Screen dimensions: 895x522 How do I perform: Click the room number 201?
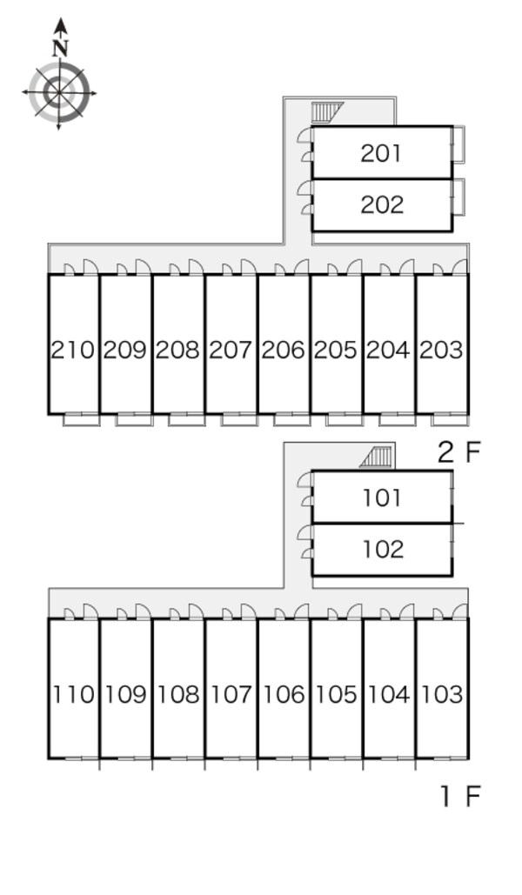click(381, 153)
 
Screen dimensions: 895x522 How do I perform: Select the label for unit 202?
click(382, 205)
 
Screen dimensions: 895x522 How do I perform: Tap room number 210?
click(72, 350)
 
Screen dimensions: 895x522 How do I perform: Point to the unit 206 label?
click(283, 350)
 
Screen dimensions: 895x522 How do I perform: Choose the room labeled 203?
click(441, 350)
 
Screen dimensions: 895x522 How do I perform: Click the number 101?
click(382, 498)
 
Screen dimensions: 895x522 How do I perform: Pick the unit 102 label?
click(382, 550)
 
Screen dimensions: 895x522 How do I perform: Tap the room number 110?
click(73, 694)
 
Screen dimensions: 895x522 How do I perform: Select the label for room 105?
click(336, 694)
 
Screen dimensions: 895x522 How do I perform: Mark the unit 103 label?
click(441, 694)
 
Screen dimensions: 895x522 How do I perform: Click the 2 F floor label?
click(458, 451)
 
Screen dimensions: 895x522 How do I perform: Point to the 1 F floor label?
click(459, 796)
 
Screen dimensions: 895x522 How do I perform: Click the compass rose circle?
click(59, 90)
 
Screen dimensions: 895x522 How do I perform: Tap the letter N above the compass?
click(59, 48)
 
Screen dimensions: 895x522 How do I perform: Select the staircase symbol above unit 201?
click(327, 112)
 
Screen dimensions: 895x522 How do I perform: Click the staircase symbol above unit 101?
click(378, 456)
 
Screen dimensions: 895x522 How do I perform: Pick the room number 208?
click(177, 350)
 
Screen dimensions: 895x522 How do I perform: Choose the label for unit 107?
click(231, 694)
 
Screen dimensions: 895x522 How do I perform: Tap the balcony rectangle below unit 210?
click(81, 420)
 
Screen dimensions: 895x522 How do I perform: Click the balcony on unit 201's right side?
click(458, 144)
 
